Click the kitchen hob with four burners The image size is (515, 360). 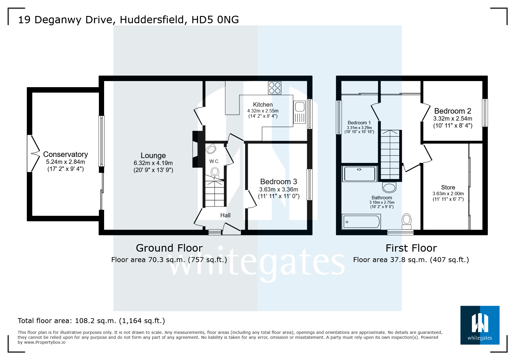pyautogui.click(x=275, y=88)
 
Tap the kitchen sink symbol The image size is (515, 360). pyautogui.click(x=300, y=112)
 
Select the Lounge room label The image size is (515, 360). pyautogui.click(x=153, y=155)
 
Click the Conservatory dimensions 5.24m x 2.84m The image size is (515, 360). pyautogui.click(x=65, y=162)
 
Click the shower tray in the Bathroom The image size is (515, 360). pyautogui.click(x=360, y=174)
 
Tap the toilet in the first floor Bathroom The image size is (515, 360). pyautogui.click(x=407, y=222)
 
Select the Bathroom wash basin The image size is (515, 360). pyautogui.click(x=389, y=187)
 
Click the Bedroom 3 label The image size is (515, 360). pyautogui.click(x=279, y=182)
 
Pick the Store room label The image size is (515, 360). pyautogui.click(x=448, y=187)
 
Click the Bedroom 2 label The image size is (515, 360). pyautogui.click(x=452, y=111)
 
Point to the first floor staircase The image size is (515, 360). pyautogui.click(x=390, y=155)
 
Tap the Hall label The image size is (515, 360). pyautogui.click(x=225, y=215)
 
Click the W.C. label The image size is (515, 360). pyautogui.click(x=214, y=161)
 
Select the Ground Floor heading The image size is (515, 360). pyautogui.click(x=169, y=248)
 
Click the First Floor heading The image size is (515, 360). pyautogui.click(x=411, y=248)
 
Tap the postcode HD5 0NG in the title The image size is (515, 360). pyautogui.click(x=215, y=20)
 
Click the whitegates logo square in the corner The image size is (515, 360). pyautogui.click(x=480, y=325)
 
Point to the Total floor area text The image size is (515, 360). pyautogui.click(x=91, y=321)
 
